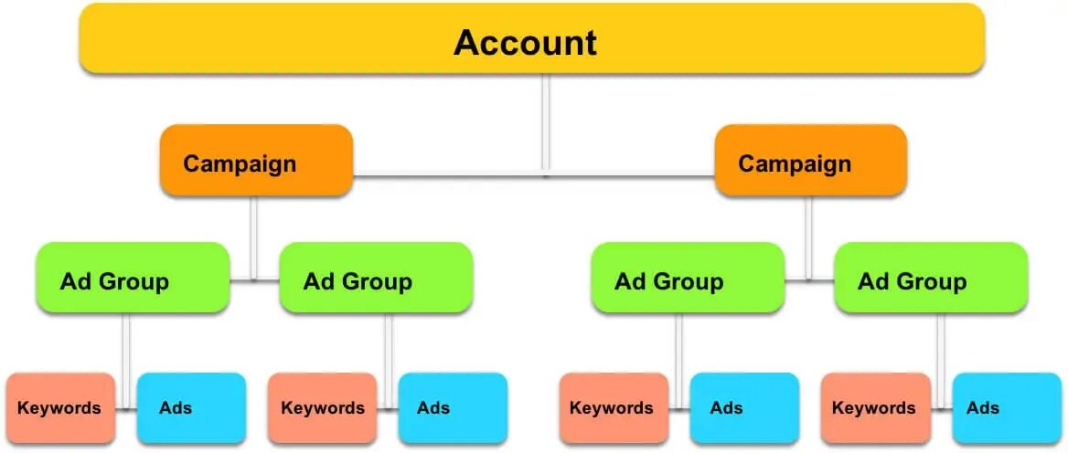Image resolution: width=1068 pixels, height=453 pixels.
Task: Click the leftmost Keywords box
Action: (x=61, y=407)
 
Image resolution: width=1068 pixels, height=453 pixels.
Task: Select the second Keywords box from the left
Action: (x=322, y=407)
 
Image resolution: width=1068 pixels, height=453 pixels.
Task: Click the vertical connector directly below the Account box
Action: (x=545, y=119)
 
